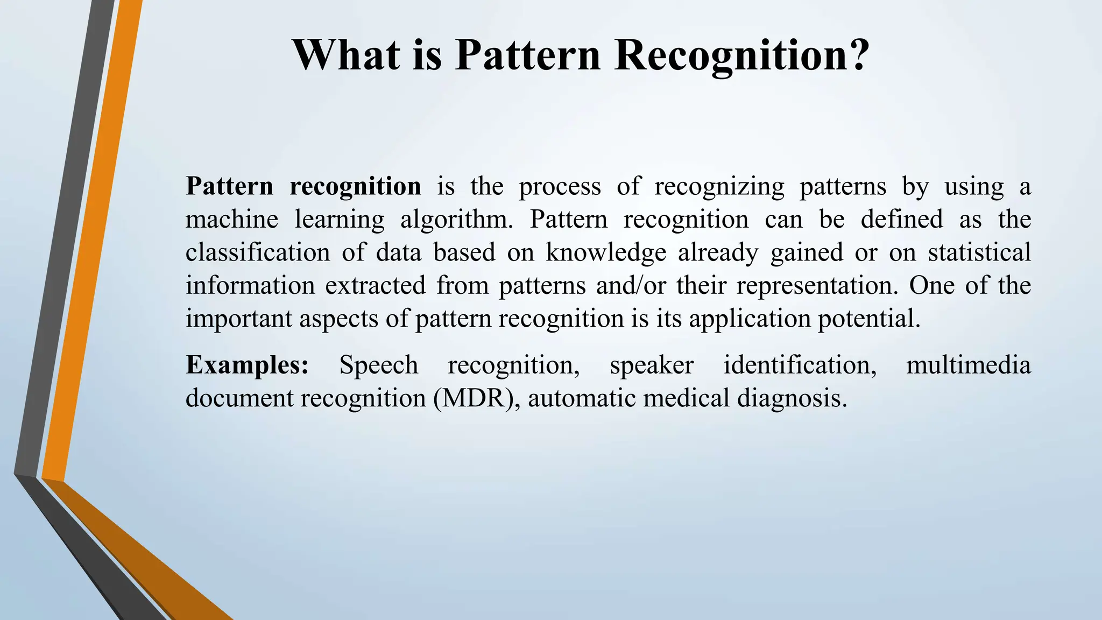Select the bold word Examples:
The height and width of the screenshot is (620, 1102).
pyautogui.click(x=247, y=365)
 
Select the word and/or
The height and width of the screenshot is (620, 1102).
pyautogui.click(x=630, y=286)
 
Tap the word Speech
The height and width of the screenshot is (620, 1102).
pyautogui.click(x=378, y=365)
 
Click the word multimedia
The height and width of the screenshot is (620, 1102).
pyautogui.click(x=968, y=365)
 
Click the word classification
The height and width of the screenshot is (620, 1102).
pyautogui.click(x=257, y=253)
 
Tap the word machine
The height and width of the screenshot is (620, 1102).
pyautogui.click(x=231, y=220)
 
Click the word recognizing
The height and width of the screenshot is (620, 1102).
pyautogui.click(x=719, y=187)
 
